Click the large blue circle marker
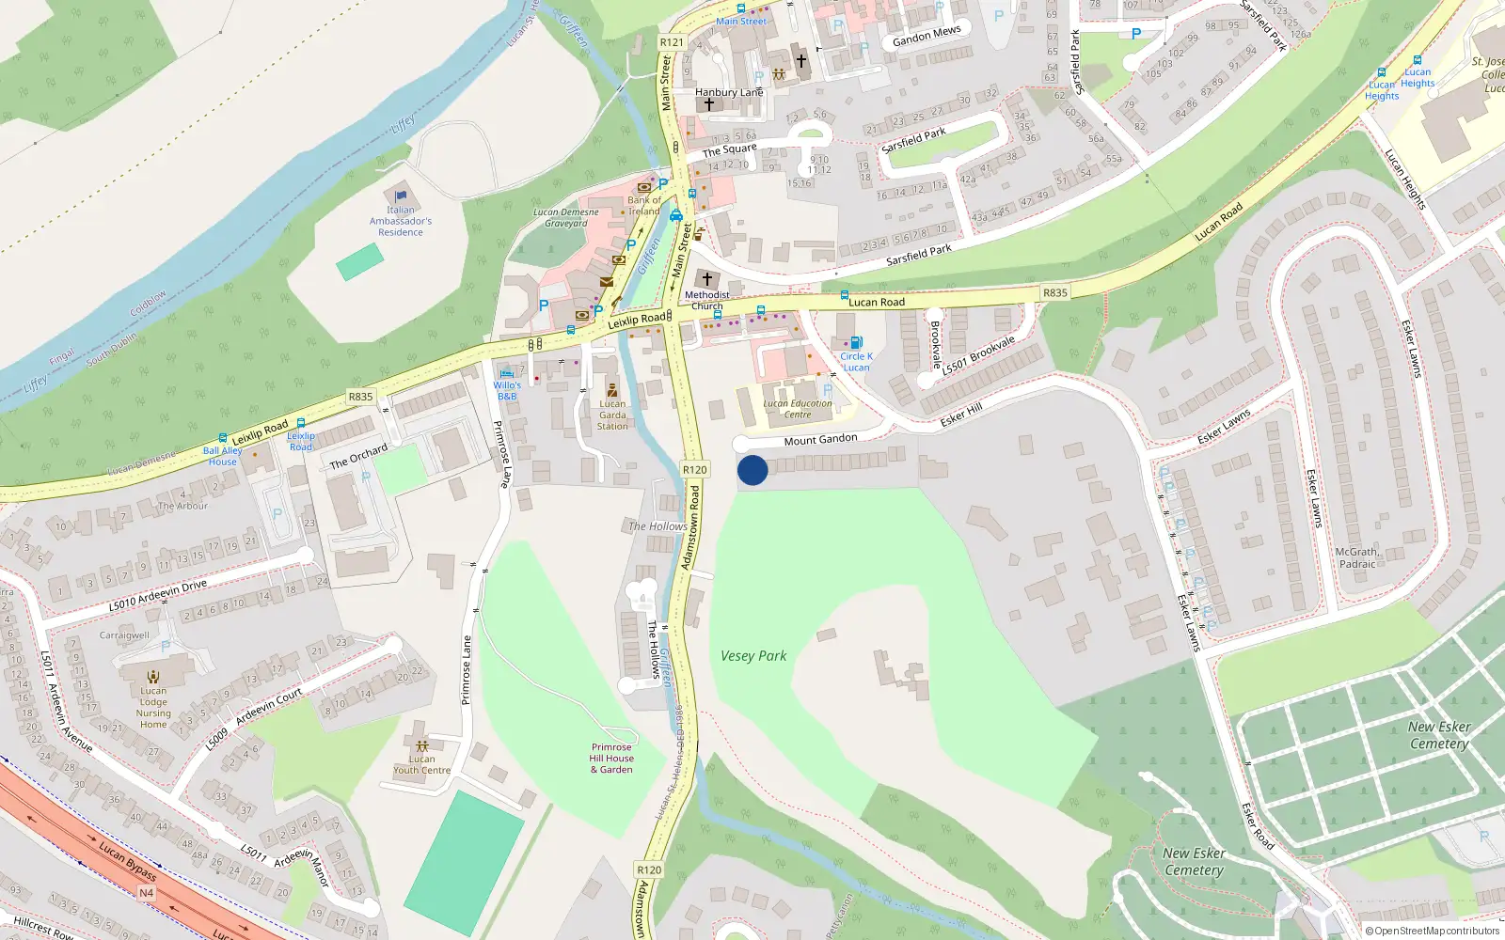click(752, 470)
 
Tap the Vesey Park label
click(753, 656)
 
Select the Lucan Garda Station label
click(612, 415)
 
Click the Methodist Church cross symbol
click(707, 279)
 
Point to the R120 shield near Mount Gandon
click(694, 469)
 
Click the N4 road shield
click(146, 892)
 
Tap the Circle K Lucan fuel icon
click(856, 343)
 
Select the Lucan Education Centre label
click(798, 409)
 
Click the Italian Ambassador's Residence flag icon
click(401, 196)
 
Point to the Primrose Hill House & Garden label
click(611, 759)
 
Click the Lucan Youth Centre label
click(421, 764)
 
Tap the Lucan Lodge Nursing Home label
click(153, 707)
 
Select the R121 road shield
click(672, 42)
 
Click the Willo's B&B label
click(507, 390)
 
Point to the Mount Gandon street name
click(820, 439)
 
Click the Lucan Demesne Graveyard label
click(565, 217)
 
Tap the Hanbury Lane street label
click(729, 92)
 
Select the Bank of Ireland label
click(644, 205)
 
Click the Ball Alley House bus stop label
click(223, 456)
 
